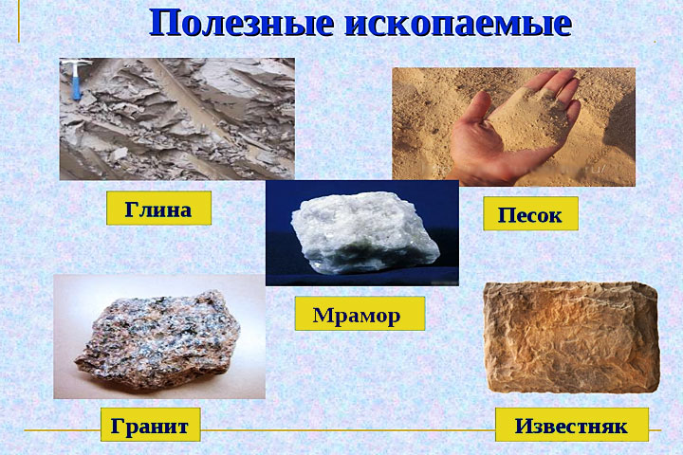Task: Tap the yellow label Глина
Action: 157,209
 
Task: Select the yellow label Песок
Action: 530,214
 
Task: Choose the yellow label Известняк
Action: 571,425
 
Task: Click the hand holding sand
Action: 517,133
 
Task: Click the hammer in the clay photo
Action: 77,76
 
